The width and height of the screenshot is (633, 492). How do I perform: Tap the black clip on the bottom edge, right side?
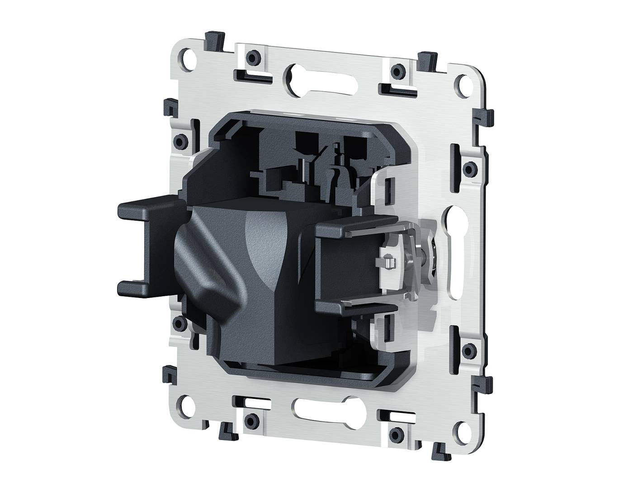tap(438, 452)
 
